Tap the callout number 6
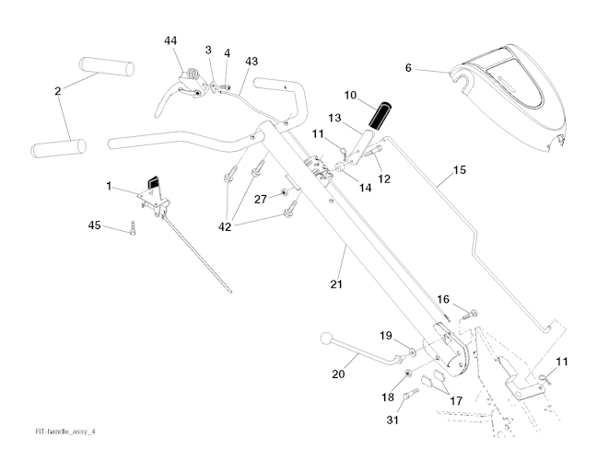(409, 67)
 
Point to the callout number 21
(337, 283)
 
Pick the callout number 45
(94, 225)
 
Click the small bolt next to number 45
(134, 231)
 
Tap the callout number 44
(171, 41)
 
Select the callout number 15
(459, 171)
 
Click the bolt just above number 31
(410, 393)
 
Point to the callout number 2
(57, 91)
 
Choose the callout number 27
(261, 198)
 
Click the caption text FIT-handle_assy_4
(65, 431)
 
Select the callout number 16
(443, 299)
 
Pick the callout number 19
(386, 335)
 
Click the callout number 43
(252, 61)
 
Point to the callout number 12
(384, 178)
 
